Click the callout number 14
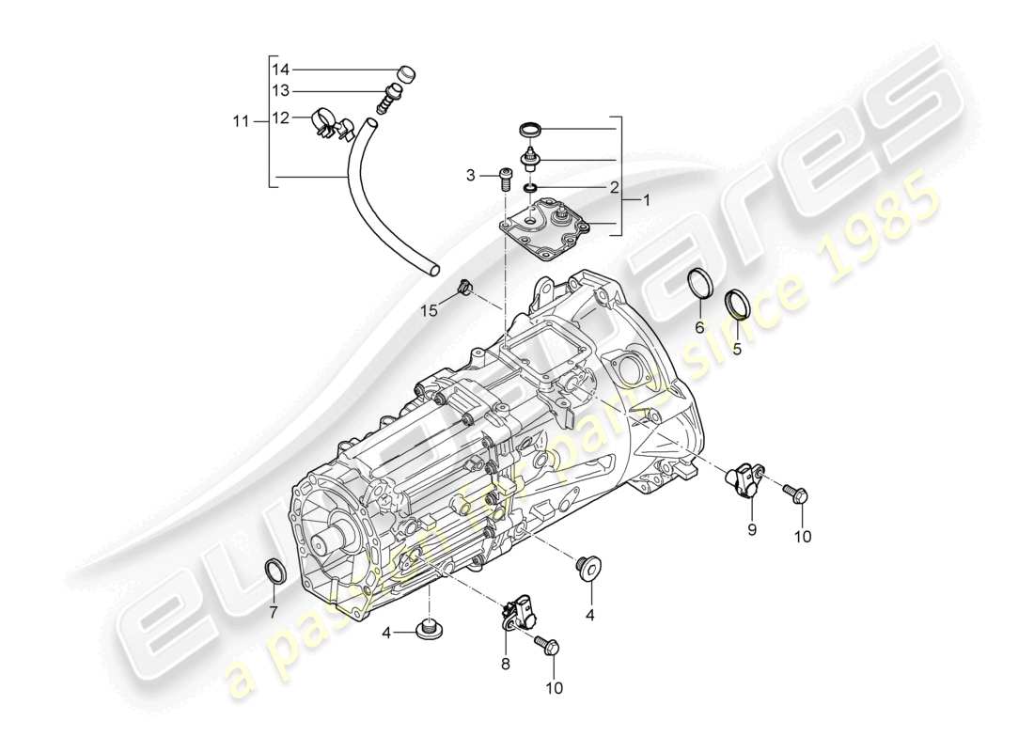click(281, 70)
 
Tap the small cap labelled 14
click(407, 72)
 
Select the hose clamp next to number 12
click(325, 123)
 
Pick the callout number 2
click(613, 187)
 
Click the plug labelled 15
click(464, 288)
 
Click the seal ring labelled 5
click(739, 305)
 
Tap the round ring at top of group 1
click(531, 128)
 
